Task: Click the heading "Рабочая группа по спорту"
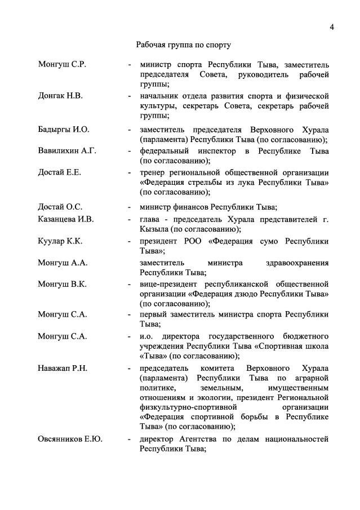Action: tap(184, 44)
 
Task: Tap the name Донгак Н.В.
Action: tap(60, 96)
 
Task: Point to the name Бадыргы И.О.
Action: tap(64, 129)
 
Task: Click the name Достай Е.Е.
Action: tap(59, 172)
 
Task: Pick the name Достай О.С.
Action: tap(60, 207)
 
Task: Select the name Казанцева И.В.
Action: tap(66, 219)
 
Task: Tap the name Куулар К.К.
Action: tap(60, 241)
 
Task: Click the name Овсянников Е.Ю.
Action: tap(70, 438)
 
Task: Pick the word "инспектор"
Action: tap(212, 151)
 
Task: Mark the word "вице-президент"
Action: tap(170, 284)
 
